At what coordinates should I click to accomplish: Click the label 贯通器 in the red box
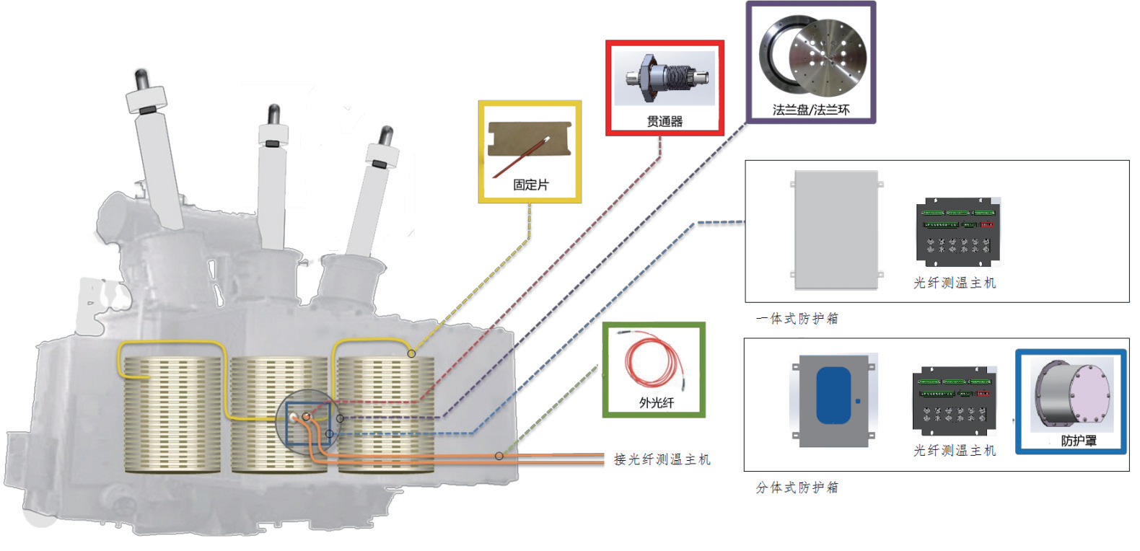665,121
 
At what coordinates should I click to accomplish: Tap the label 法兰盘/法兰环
810,110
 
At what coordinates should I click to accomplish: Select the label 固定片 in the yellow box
530,185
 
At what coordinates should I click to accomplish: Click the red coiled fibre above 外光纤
653,361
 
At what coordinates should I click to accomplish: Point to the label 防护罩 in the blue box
1078,441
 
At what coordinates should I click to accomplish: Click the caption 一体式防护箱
797,318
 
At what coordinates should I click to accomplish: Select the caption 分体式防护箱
797,488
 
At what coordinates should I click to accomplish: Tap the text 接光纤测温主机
662,459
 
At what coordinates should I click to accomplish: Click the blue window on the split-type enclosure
833,395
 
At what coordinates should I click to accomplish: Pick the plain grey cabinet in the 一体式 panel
836,229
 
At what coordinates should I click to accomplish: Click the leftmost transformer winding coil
172,415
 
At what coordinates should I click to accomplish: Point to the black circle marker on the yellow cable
411,353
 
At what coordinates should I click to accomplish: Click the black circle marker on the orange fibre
499,456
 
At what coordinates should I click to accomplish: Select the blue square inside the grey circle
308,424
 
